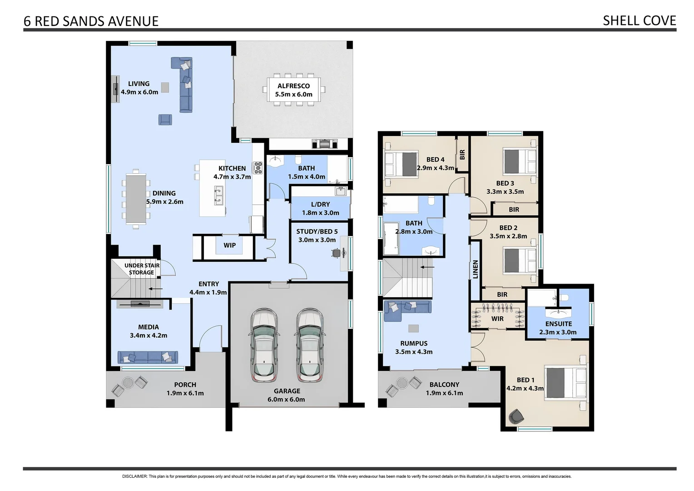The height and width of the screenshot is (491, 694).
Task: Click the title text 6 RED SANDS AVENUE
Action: click(x=91, y=21)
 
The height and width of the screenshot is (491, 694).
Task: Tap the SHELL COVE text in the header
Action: click(x=639, y=20)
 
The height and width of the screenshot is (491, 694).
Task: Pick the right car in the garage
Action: click(x=310, y=346)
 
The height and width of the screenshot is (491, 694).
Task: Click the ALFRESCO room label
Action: click(x=293, y=86)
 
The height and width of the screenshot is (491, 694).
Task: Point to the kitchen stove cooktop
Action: click(x=258, y=168)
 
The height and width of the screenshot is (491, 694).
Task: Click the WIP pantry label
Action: click(x=229, y=245)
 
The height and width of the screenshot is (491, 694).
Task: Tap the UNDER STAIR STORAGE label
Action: click(x=142, y=269)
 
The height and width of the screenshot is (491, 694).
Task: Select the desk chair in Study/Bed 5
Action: click(x=337, y=253)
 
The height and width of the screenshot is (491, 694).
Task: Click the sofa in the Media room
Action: click(x=147, y=357)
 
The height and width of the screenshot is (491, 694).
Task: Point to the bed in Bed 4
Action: click(x=401, y=164)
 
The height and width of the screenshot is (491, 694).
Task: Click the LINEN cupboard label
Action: click(x=476, y=269)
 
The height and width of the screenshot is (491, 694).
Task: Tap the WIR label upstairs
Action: click(x=497, y=319)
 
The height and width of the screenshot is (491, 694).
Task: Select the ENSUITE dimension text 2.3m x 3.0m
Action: click(x=558, y=332)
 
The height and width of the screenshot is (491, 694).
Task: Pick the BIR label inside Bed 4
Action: click(x=462, y=155)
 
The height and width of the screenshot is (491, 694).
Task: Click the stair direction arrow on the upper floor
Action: click(x=427, y=267)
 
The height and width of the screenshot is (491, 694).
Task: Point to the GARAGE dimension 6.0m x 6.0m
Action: click(x=286, y=400)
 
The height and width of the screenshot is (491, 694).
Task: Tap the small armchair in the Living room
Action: click(x=165, y=120)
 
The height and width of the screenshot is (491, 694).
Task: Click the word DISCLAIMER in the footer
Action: click(x=134, y=476)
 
